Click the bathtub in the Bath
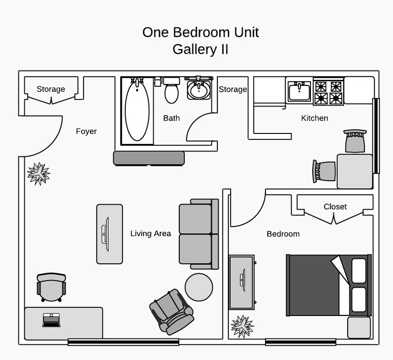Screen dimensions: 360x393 click(x=137, y=111)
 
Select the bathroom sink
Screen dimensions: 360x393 click(x=199, y=89)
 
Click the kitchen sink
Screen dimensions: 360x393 click(x=299, y=91)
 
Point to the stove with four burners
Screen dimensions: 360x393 click(x=328, y=92)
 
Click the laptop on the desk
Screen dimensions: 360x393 click(x=51, y=320)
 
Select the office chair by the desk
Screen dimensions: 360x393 click(x=51, y=287)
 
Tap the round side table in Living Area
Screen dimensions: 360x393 click(x=199, y=287)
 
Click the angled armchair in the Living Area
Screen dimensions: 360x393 click(x=172, y=311)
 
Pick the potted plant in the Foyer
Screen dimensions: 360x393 click(x=39, y=173)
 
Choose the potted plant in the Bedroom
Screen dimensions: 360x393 click(x=242, y=326)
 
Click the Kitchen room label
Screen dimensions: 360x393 click(x=314, y=118)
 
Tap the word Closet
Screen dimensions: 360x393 click(x=335, y=207)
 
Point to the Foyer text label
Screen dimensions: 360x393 click(x=86, y=132)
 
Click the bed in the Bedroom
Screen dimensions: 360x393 click(x=328, y=285)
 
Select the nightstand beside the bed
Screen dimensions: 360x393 click(x=359, y=327)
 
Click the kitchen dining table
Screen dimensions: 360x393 click(x=354, y=171)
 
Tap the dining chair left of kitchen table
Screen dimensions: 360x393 click(x=324, y=171)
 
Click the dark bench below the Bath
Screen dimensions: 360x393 click(x=149, y=158)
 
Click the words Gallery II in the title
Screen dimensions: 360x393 click(x=200, y=49)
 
